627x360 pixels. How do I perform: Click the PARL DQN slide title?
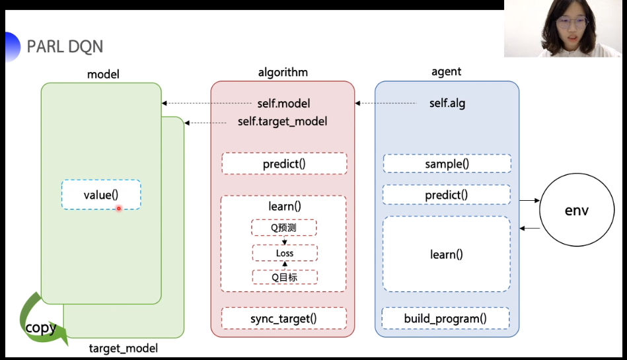65,47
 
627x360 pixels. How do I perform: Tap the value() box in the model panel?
101,195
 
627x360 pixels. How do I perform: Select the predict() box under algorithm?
284,164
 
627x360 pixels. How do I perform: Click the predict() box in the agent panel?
447,195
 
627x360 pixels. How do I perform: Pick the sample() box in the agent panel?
447,164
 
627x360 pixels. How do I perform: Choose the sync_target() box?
284,318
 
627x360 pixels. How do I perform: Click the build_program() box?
446,318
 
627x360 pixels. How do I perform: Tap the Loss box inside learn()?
284,253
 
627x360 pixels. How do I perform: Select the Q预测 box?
284,228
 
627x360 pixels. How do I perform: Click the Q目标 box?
284,277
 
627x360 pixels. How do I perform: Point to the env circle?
576,211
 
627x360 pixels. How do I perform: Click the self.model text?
283,104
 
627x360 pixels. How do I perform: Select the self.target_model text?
283,122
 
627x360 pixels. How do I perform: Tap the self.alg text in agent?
447,104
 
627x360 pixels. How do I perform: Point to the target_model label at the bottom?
124,347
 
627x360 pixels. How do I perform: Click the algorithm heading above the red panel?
283,72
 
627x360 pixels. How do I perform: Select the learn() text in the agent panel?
447,254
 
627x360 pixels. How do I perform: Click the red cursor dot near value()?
119,208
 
